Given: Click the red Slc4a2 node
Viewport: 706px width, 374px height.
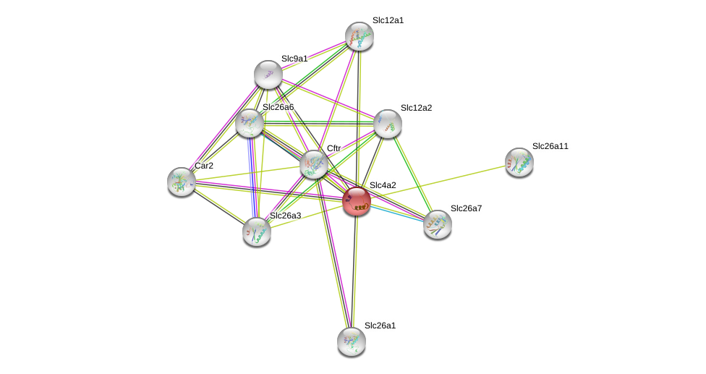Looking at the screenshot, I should [x=357, y=201].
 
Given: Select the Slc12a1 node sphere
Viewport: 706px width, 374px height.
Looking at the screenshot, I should [x=359, y=36].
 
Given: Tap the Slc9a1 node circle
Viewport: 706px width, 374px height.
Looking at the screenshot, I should [x=268, y=75].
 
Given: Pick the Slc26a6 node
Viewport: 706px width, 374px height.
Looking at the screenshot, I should [x=250, y=123].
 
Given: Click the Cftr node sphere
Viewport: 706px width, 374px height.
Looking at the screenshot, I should [x=314, y=164].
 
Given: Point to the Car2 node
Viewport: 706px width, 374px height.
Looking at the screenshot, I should [x=181, y=181].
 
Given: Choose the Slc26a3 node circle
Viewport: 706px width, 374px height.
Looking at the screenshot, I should [x=257, y=231].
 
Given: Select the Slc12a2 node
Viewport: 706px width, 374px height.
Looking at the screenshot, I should [x=388, y=124].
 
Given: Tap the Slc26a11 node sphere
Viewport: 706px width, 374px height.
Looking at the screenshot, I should [x=519, y=162].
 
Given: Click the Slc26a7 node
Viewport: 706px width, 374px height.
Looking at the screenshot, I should [x=438, y=224].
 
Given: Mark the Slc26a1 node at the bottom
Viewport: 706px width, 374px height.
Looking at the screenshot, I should [x=352, y=341].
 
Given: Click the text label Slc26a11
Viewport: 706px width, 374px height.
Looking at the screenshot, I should [x=550, y=146].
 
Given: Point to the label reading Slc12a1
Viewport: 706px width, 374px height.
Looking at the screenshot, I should [x=388, y=20].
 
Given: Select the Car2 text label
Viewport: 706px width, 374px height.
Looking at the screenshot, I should [x=204, y=166].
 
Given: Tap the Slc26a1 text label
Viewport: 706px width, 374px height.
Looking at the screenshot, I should [x=380, y=326].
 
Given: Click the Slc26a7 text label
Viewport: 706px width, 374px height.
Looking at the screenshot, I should [x=466, y=208].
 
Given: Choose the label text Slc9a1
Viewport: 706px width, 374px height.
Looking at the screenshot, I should [x=294, y=59].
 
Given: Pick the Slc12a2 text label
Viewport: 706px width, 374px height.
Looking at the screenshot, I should [x=416, y=108].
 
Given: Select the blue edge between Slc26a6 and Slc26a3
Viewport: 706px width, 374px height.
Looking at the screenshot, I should [x=251, y=177].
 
